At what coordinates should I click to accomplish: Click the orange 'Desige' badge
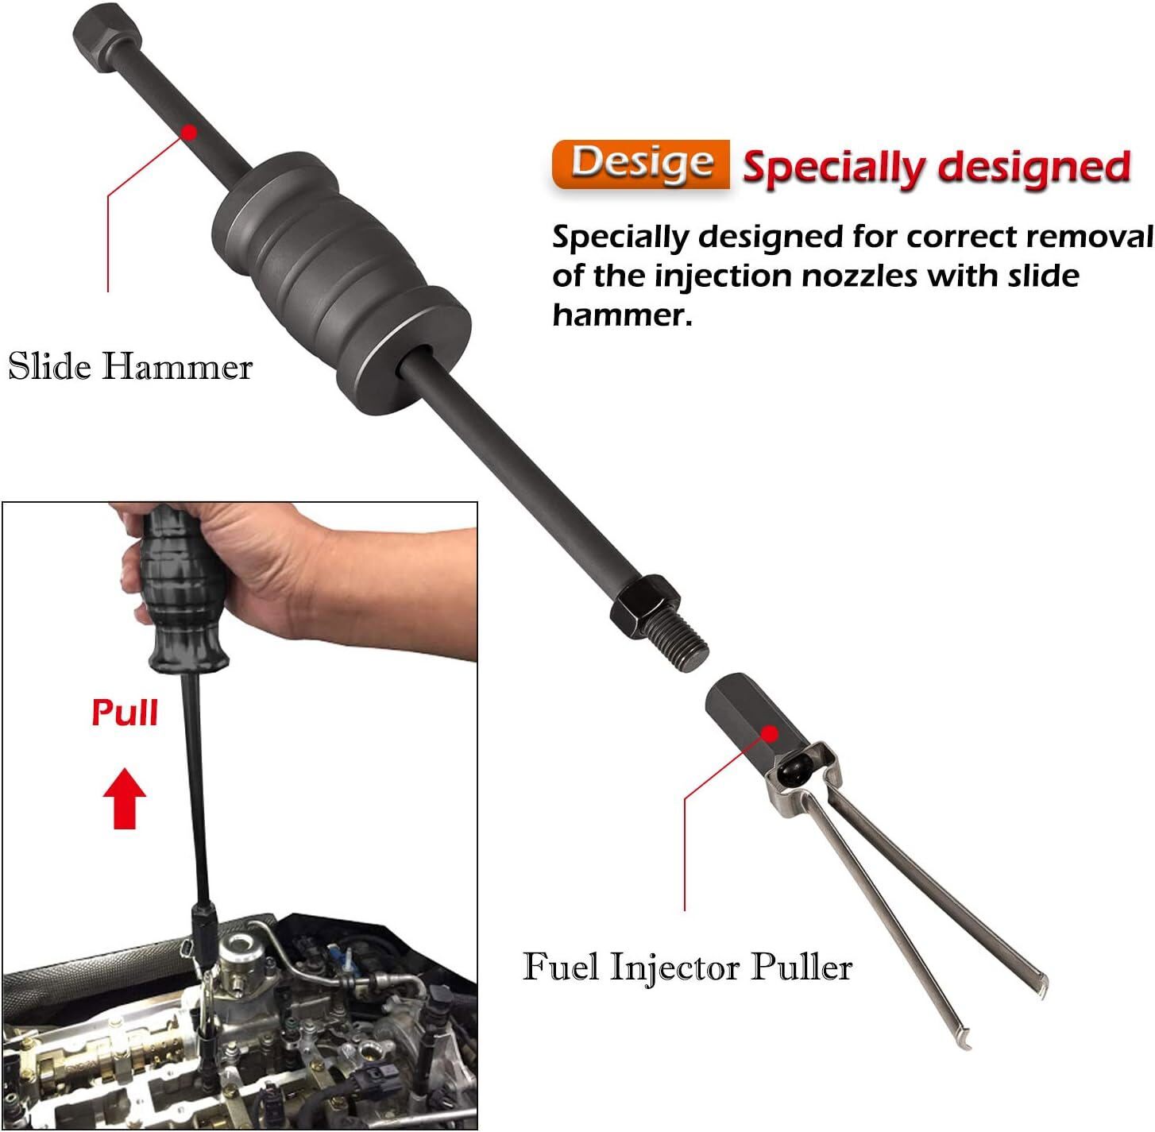641,164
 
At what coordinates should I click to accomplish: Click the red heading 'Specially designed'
936,167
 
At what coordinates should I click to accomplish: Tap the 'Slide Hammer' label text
130,367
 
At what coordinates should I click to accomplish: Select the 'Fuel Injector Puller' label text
687,967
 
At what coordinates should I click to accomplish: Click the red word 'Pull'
125,713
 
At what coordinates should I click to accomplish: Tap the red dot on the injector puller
769,732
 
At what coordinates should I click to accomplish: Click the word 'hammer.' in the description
622,315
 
